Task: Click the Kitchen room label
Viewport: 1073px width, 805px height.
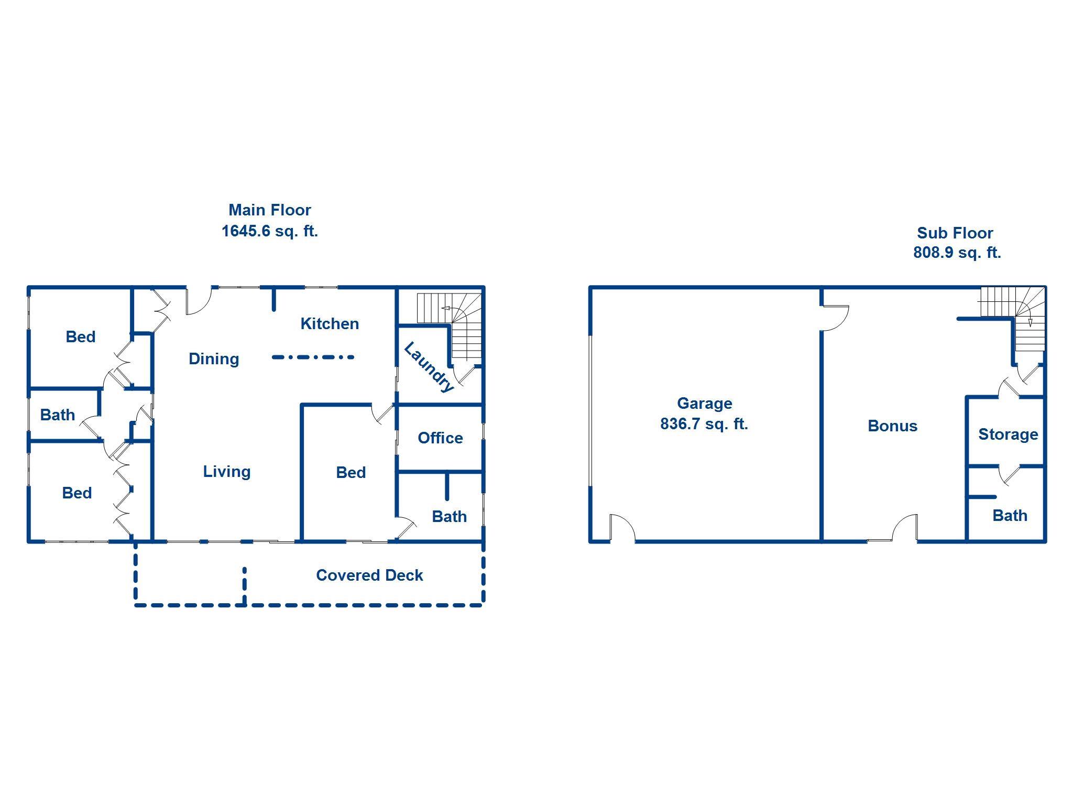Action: point(330,324)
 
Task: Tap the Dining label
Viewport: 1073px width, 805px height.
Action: point(214,359)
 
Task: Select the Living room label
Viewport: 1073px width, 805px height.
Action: point(227,472)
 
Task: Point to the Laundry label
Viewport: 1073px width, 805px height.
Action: point(429,367)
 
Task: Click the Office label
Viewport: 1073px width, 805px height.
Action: point(440,438)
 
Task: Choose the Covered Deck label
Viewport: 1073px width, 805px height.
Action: point(369,575)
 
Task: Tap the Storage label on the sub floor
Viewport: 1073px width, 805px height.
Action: point(1008,434)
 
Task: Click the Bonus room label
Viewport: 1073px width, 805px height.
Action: point(893,426)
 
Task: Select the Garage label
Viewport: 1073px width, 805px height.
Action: point(705,404)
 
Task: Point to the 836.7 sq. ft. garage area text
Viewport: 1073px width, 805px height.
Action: point(704,423)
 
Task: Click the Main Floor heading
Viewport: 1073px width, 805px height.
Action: point(270,210)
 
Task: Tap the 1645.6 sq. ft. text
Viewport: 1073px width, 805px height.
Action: point(270,231)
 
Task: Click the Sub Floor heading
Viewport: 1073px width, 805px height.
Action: point(955,233)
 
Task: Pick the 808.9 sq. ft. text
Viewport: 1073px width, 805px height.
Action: point(957,253)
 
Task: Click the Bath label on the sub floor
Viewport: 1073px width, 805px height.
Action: point(1010,516)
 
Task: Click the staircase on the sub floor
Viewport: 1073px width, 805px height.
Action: point(1019,314)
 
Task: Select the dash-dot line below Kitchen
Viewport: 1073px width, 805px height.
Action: point(313,357)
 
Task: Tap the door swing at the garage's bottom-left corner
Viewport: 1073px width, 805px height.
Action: point(622,527)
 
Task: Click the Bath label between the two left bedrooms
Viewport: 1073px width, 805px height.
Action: point(58,415)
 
